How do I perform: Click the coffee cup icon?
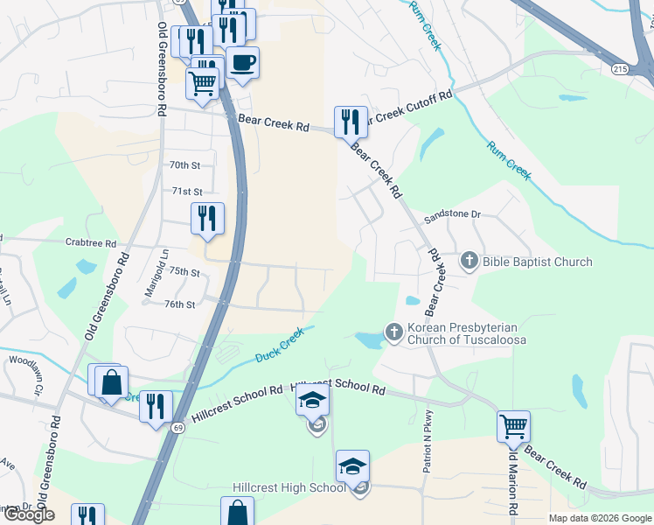coord(242,63)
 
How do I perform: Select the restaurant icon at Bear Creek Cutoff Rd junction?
coord(351,122)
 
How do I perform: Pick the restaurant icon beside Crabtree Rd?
coord(207,219)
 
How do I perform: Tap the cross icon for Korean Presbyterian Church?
coord(393,332)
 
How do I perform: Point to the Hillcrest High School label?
coord(289,487)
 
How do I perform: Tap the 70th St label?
coord(184,164)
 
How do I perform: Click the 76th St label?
coord(178,304)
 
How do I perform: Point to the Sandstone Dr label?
coord(452,214)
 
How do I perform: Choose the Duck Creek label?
coord(279,345)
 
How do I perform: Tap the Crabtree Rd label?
coord(90,242)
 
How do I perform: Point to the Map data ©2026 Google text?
coord(599,518)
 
